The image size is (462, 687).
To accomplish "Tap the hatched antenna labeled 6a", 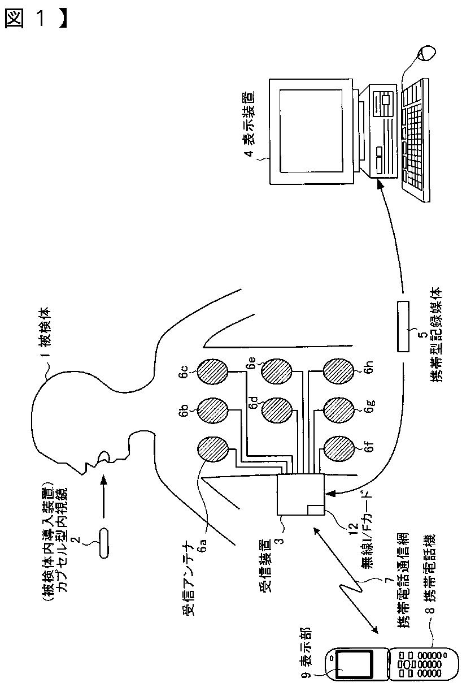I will pos(212,451).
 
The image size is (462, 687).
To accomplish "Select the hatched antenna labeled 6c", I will pos(212,371).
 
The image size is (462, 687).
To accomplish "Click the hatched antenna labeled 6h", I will pos(338,371).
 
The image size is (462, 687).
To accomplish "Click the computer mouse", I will pos(426,54).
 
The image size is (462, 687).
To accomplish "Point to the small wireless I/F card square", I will pos(315,509).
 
